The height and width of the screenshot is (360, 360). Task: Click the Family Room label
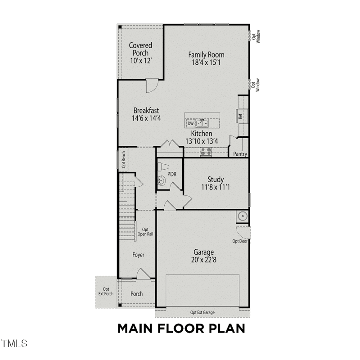[x=206, y=55]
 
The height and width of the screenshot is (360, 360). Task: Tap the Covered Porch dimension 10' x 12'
[x=140, y=61]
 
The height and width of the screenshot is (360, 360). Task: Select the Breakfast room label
[x=146, y=110]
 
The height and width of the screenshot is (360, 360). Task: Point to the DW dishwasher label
[x=190, y=123]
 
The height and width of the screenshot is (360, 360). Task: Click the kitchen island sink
[x=202, y=123]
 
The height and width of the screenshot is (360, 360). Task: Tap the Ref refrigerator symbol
[x=241, y=116]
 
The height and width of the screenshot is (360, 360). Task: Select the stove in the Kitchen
[x=206, y=152]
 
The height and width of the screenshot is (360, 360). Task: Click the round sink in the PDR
[x=162, y=181]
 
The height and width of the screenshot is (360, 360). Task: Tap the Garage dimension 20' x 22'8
[x=204, y=260]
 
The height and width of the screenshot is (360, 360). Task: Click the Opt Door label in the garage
[x=240, y=241]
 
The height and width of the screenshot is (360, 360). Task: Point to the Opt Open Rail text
[x=145, y=232]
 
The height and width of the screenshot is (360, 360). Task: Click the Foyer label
[x=138, y=255]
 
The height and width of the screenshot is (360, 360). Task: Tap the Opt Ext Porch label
[x=106, y=292]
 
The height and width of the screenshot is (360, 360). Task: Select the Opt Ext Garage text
[x=202, y=312]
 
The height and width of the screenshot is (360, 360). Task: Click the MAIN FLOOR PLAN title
[x=181, y=328]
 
